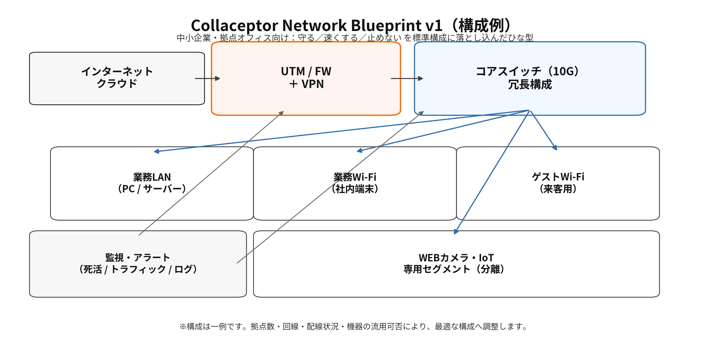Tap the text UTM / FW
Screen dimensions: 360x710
pyautogui.click(x=306, y=71)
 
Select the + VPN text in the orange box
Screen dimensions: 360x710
pyautogui.click(x=306, y=84)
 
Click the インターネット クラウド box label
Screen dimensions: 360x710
pyautogui.click(x=117, y=77)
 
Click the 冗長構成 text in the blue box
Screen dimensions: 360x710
pyautogui.click(x=530, y=85)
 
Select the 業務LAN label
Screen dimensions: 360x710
pyautogui.click(x=152, y=177)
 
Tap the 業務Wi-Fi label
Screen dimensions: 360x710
pyautogui.click(x=355, y=177)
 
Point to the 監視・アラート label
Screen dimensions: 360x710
pyautogui.click(x=138, y=257)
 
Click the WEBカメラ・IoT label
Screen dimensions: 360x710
pyautogui.click(x=456, y=258)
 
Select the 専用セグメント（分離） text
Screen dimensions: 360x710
pyautogui.click(x=456, y=269)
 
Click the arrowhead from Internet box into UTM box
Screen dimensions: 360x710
pyautogui.click(x=218, y=78)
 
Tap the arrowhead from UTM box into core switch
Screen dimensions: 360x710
pyautogui.click(x=421, y=78)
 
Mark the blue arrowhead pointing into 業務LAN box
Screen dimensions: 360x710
pyautogui.click(x=156, y=151)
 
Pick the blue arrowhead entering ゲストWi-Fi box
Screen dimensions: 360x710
pyautogui.click(x=555, y=148)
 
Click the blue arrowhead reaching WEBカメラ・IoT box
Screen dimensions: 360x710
pyautogui.click(x=456, y=232)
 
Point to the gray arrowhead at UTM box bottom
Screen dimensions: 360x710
pyautogui.click(x=281, y=113)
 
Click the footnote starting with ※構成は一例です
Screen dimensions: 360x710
pyautogui.click(x=354, y=327)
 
